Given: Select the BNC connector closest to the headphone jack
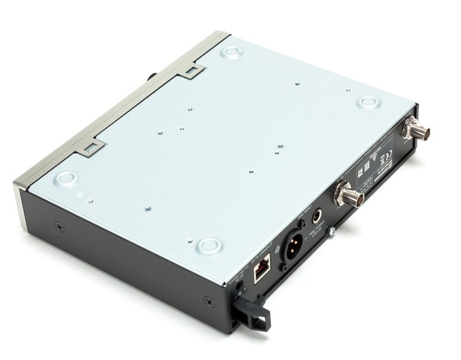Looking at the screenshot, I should tap(348, 194).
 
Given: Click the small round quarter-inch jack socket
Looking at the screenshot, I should tap(318, 217).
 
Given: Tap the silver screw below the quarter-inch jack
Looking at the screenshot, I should tap(331, 232).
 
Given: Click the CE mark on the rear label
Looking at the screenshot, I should tap(387, 156).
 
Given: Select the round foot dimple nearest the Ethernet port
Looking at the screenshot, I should tap(209, 244).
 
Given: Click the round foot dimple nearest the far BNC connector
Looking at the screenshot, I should tap(367, 102).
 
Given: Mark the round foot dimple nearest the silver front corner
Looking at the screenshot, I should tap(66, 178).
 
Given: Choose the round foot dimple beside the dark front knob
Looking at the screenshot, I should tap(232, 52).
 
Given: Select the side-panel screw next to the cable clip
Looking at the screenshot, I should tap(209, 301).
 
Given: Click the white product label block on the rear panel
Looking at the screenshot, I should tap(376, 167).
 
